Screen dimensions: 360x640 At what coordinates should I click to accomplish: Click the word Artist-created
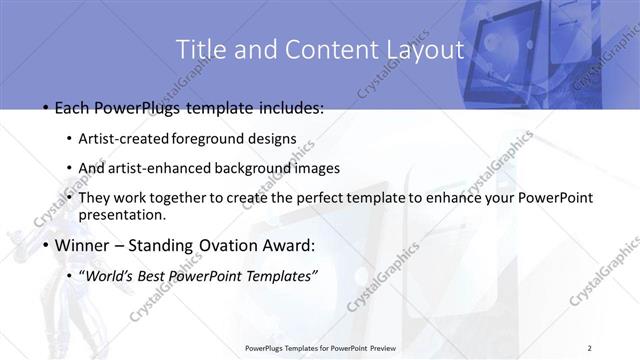[x=124, y=138]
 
